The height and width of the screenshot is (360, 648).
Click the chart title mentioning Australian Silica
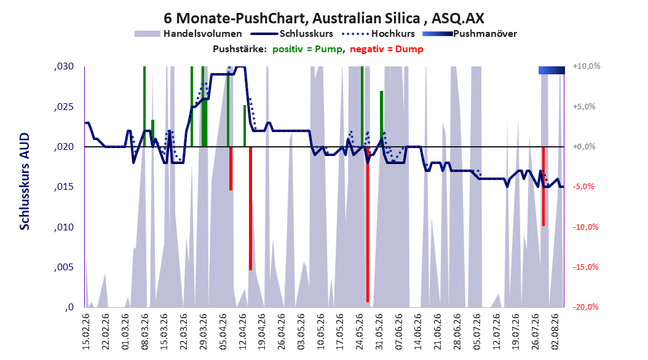pyautogui.click(x=323, y=18)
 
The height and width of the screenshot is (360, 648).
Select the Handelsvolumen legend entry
pyautogui.click(x=189, y=34)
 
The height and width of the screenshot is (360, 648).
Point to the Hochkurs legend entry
pyautogui.click(x=378, y=34)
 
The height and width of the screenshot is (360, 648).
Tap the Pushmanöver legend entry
pyautogui.click(x=470, y=34)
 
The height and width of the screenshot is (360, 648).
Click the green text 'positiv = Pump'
pyautogui.click(x=307, y=49)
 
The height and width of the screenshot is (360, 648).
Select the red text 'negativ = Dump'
pyautogui.click(x=387, y=49)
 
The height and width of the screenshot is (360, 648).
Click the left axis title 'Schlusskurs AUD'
pyautogui.click(x=25, y=181)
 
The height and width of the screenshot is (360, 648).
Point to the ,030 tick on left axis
pyautogui.click(x=64, y=66)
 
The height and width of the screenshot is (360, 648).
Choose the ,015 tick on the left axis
pyautogui.click(x=64, y=187)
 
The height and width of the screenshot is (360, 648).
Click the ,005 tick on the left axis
pyautogui.click(x=64, y=267)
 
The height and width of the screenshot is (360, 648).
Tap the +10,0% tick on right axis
pyautogui.click(x=587, y=66)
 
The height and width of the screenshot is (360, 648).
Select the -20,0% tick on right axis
pyautogui.click(x=585, y=307)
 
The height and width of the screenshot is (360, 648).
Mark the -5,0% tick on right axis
pyautogui.click(x=583, y=187)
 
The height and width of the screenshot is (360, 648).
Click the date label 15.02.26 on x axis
pyautogui.click(x=86, y=332)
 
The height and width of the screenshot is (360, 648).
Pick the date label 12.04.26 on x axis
pyautogui.click(x=243, y=332)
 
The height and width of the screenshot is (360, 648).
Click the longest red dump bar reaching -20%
pyautogui.click(x=368, y=225)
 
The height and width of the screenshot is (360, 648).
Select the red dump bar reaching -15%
pyautogui.click(x=250, y=208)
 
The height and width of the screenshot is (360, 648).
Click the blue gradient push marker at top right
pyautogui.click(x=551, y=71)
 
